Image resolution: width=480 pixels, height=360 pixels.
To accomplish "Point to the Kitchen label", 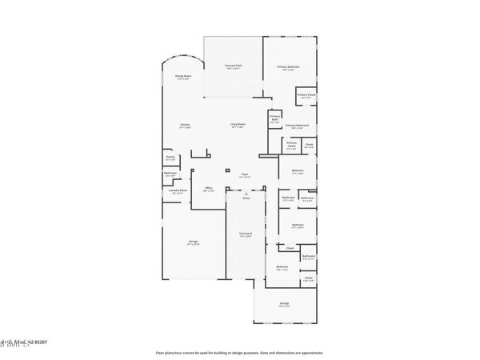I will click(x=185, y=126).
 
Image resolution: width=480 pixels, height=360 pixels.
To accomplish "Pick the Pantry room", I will click(x=170, y=158).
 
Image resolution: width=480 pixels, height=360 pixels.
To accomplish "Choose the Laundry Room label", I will click(x=180, y=191).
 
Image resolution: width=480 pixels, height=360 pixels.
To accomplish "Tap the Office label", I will click(x=208, y=189).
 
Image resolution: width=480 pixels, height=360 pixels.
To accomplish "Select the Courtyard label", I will click(x=246, y=234).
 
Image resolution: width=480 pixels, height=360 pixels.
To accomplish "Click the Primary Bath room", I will click(x=275, y=120).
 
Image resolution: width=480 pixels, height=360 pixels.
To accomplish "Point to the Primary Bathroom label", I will click(x=297, y=126).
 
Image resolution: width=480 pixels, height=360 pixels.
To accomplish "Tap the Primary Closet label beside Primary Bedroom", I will click(x=306, y=96).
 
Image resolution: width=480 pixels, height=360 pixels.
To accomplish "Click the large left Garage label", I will click(x=194, y=242).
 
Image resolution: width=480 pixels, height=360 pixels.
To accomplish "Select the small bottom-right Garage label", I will click(x=284, y=304).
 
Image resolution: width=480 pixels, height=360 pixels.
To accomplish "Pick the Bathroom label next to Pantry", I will click(x=170, y=174).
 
